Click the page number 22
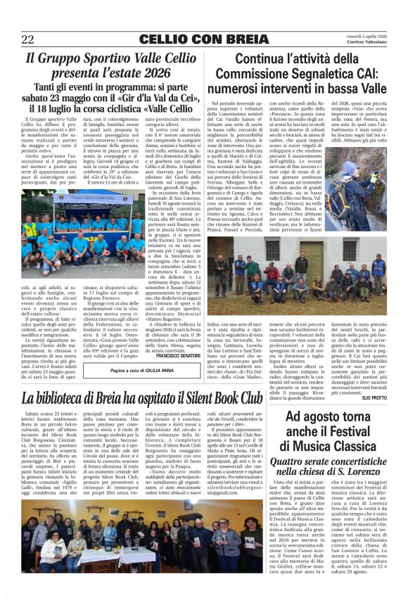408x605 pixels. [x=28, y=39]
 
